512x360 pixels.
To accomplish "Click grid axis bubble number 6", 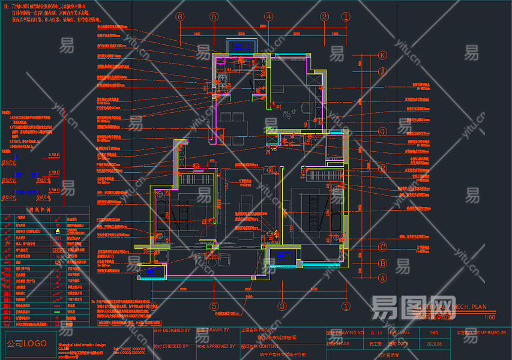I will (179, 17).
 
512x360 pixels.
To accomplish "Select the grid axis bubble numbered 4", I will (269, 17).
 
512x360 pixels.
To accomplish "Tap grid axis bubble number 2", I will (324, 17).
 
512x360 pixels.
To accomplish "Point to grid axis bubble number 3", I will (281, 305).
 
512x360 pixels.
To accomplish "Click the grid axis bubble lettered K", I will (382, 55).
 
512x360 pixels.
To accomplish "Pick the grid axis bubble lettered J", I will (382, 71).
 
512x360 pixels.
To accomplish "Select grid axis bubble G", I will (382, 131).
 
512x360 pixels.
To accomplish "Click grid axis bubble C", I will (382, 247).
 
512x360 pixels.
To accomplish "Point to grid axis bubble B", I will (382, 263).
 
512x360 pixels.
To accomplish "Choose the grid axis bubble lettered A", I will (382, 277).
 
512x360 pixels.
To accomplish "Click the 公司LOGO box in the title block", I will (27, 344).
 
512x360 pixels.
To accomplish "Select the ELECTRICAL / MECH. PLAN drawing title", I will (450, 307).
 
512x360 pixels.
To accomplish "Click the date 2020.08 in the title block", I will (434, 344).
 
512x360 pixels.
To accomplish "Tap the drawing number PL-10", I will (376, 332).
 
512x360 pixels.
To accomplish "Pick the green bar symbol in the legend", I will (58, 311).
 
